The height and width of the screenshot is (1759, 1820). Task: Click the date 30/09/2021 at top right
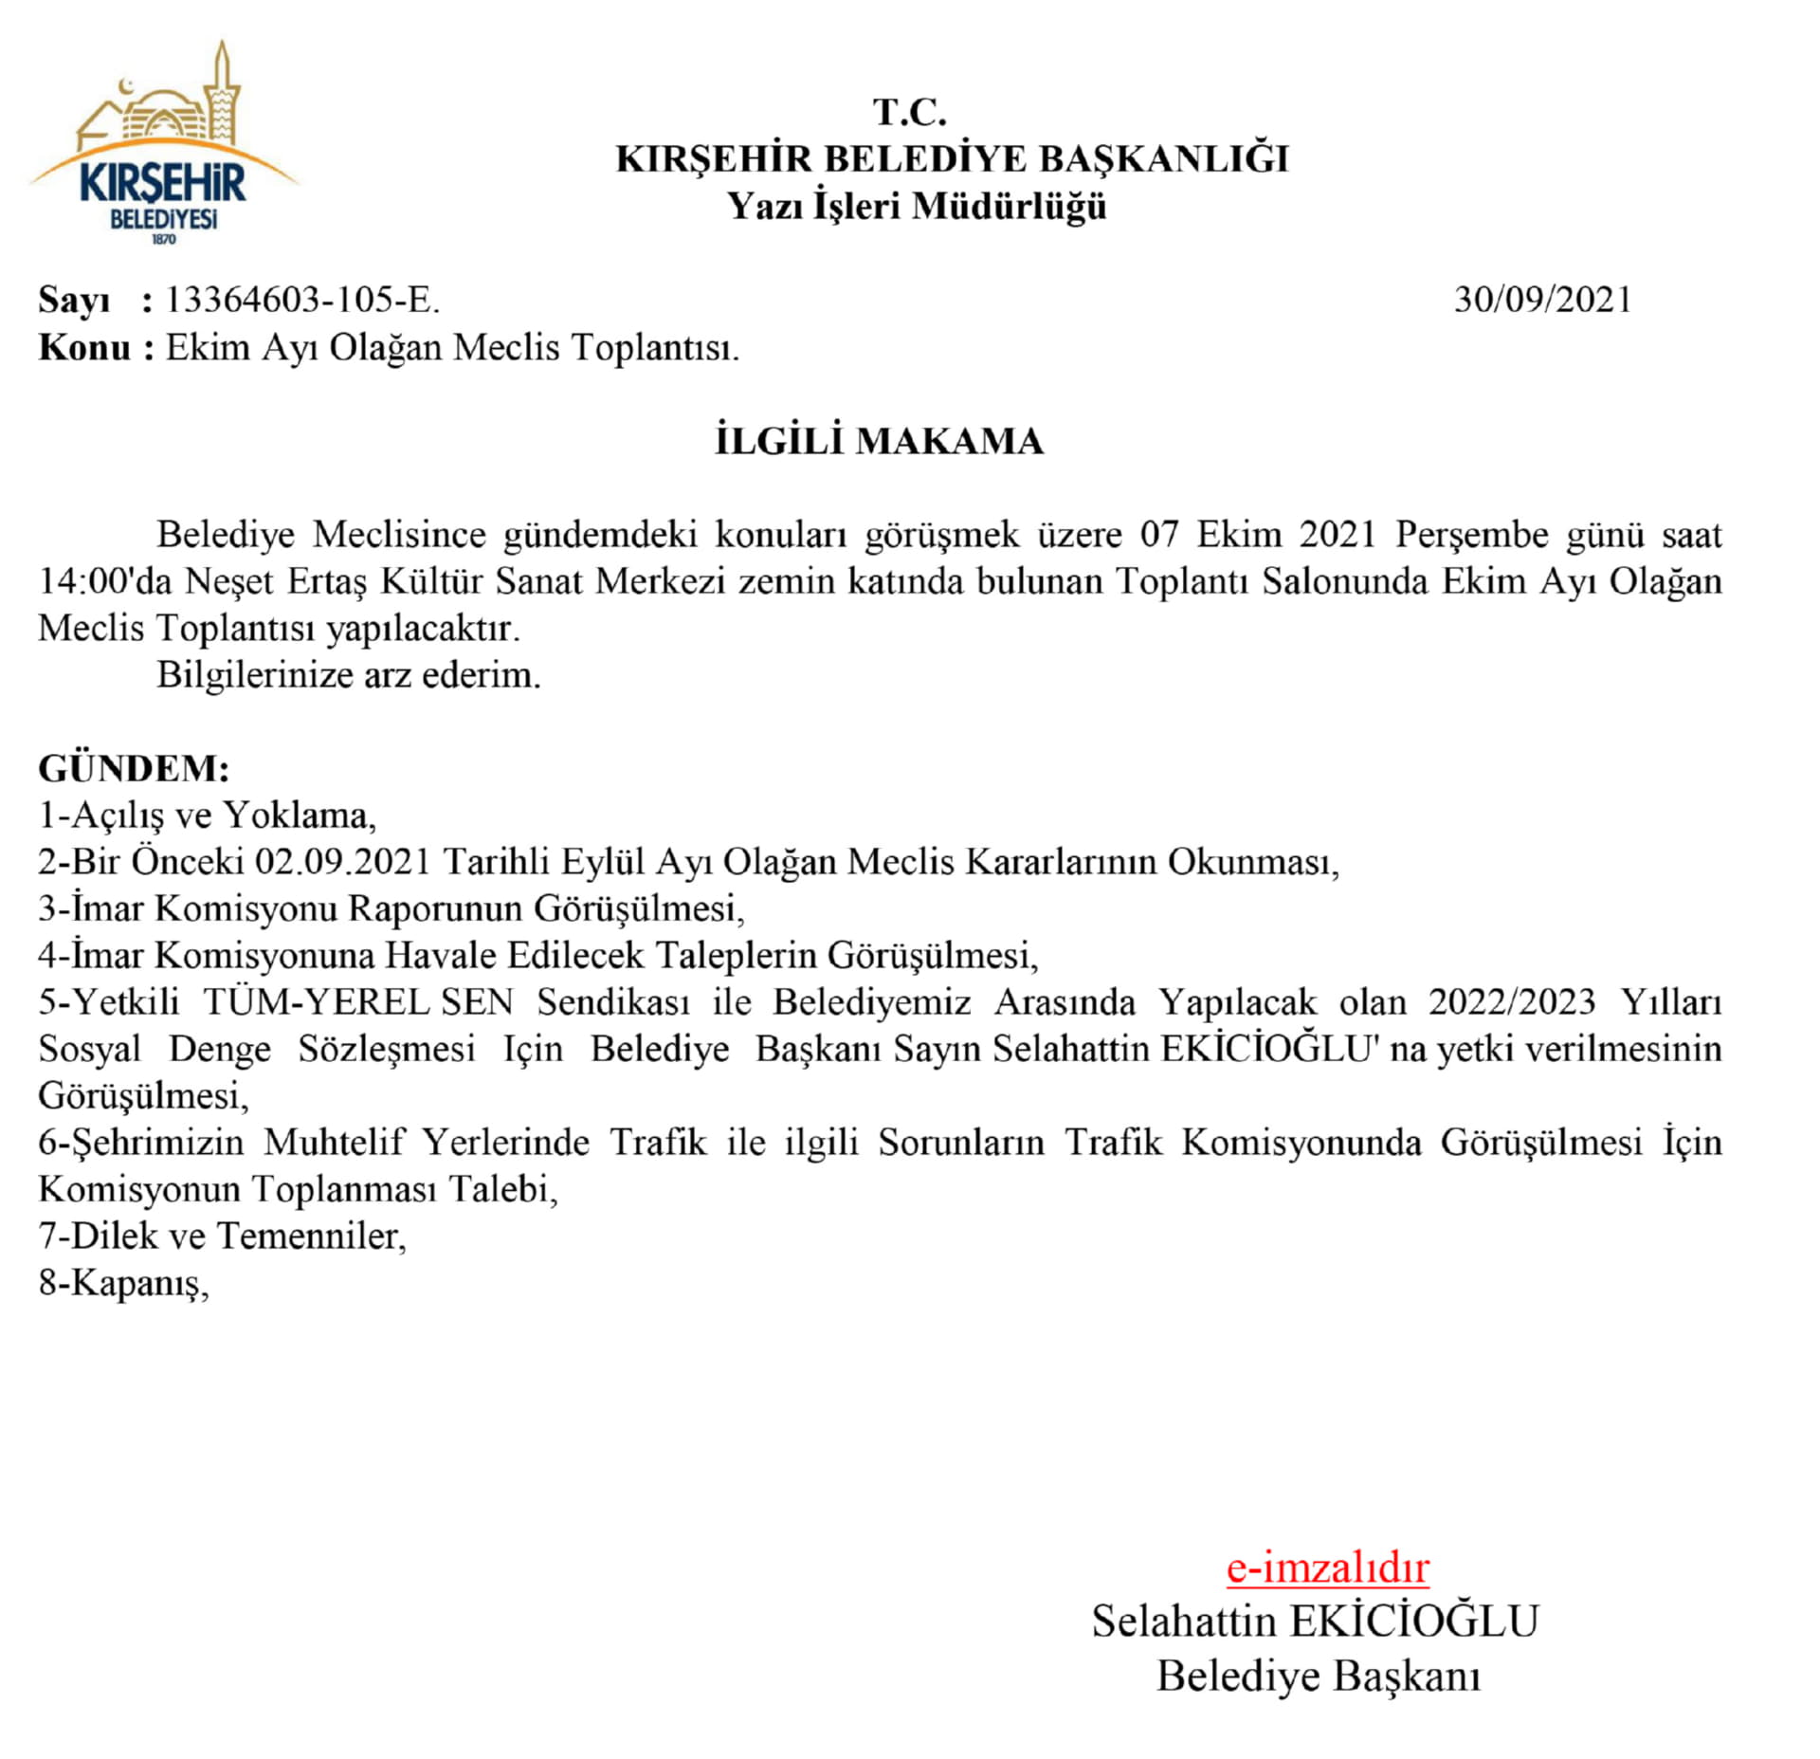click(1542, 300)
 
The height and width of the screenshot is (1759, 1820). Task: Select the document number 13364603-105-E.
click(302, 300)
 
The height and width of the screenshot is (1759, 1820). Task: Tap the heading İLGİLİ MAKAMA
click(879, 442)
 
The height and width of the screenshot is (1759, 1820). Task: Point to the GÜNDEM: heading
click(134, 768)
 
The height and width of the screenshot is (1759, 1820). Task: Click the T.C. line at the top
click(909, 113)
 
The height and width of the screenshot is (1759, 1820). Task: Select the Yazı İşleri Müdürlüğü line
click(917, 206)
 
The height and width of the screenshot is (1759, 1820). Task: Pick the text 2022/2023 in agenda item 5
click(1512, 1001)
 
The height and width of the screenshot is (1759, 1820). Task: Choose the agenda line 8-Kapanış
click(123, 1282)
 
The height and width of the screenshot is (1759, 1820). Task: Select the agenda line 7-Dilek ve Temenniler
click(222, 1236)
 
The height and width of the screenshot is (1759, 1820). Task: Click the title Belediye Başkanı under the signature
click(1318, 1676)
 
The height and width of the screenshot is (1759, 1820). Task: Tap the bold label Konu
click(84, 348)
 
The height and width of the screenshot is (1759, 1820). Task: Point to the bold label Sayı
click(74, 300)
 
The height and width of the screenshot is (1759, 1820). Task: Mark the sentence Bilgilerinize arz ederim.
click(348, 675)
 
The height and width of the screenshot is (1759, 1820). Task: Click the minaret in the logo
click(224, 90)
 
